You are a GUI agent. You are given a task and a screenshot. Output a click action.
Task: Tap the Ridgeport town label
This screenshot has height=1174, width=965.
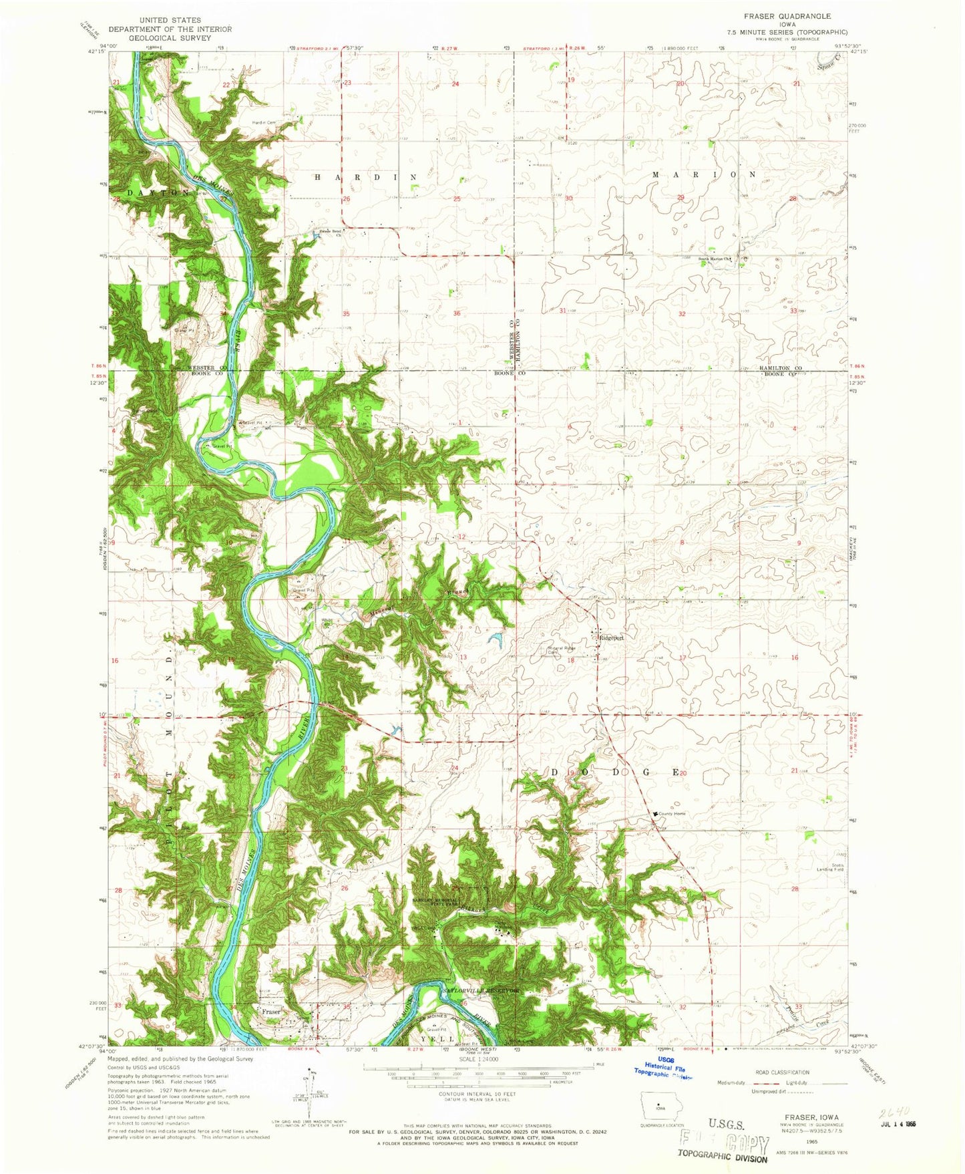(610, 637)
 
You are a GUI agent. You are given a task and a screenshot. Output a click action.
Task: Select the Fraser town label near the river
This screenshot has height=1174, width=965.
(271, 1012)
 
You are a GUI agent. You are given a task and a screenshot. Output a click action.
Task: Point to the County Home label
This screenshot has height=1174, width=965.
(672, 813)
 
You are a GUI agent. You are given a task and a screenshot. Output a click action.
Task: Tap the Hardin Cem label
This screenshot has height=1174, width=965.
(263, 122)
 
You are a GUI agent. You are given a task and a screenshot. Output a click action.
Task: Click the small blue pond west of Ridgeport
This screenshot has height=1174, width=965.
(496, 640)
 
